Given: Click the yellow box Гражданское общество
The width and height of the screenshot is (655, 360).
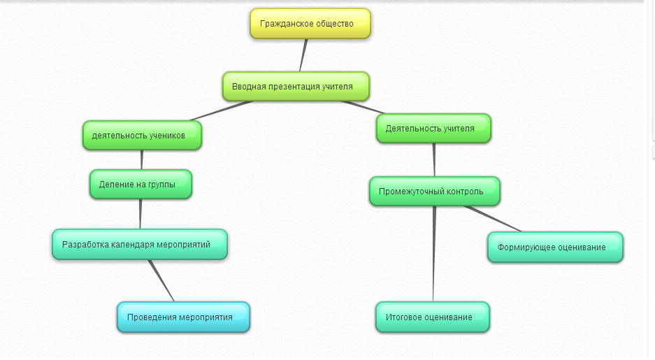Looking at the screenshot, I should click(x=310, y=24).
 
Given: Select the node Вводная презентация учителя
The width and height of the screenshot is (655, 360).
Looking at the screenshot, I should click(x=296, y=87).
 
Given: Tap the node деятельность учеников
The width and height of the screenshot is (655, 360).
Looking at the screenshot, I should click(x=142, y=136).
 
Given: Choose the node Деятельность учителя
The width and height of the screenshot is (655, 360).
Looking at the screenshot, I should click(x=433, y=129).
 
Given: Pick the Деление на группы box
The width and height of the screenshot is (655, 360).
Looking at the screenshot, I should click(x=141, y=185).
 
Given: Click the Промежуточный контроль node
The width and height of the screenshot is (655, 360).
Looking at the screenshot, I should click(x=434, y=191).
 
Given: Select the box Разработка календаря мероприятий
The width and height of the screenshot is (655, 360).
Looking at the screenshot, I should click(x=140, y=245).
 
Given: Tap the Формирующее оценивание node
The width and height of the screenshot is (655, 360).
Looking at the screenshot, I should click(x=555, y=247).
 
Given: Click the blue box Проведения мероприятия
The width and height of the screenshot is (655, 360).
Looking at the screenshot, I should click(x=183, y=317).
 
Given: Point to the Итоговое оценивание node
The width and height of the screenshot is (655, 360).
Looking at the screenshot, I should click(x=433, y=317).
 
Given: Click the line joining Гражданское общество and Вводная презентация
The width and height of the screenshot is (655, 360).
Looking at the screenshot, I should click(x=303, y=55).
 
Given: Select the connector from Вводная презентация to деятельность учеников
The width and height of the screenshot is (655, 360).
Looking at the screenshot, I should click(x=220, y=110).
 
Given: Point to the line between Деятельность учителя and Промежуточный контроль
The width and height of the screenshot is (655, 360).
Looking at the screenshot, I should click(x=434, y=159).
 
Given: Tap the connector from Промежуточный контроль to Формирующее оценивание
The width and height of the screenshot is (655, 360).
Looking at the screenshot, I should click(x=493, y=219).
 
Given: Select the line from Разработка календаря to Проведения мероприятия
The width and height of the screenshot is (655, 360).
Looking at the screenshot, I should click(x=161, y=280).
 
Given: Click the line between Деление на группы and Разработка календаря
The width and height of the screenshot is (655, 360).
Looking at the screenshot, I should click(x=141, y=214).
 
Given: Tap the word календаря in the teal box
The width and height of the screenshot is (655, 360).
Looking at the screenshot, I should click(x=140, y=245).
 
